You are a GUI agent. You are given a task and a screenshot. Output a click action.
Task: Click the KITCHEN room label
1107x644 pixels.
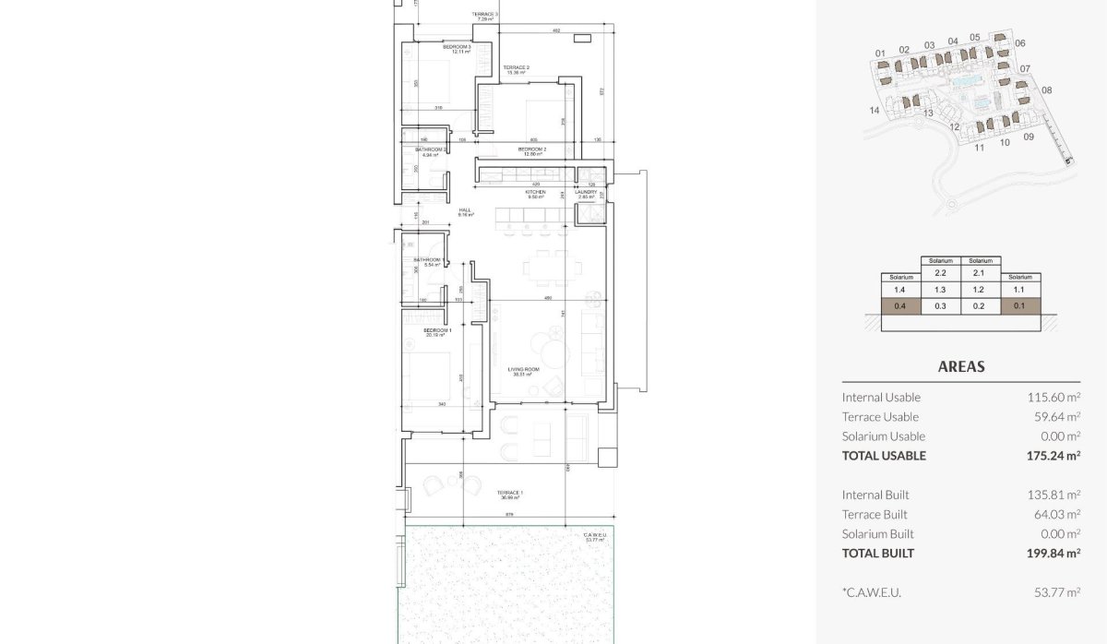[536, 193]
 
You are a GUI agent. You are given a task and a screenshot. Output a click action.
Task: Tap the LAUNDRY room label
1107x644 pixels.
[587, 193]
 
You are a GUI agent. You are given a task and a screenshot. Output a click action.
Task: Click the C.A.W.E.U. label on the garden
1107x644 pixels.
[594, 536]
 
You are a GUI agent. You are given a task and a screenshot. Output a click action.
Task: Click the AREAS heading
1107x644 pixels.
[961, 366]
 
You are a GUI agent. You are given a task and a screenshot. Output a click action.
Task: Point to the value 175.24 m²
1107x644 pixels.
[1053, 455]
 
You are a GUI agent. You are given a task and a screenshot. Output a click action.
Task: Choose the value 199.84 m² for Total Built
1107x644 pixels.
[1053, 554]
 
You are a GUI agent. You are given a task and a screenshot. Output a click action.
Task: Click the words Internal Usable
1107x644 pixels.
[881, 397]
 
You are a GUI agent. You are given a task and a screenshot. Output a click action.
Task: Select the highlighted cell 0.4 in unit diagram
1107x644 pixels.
[900, 307]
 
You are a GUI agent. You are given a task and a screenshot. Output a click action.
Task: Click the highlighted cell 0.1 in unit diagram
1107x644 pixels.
[1020, 307]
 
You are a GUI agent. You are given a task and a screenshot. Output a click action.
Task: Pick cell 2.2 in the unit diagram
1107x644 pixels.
[941, 273]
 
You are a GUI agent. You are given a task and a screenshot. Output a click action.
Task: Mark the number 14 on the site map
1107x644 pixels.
[874, 110]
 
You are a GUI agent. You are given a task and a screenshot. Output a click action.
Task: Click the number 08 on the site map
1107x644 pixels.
[1046, 90]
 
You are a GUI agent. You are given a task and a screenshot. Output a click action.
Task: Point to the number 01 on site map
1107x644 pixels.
[880, 53]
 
